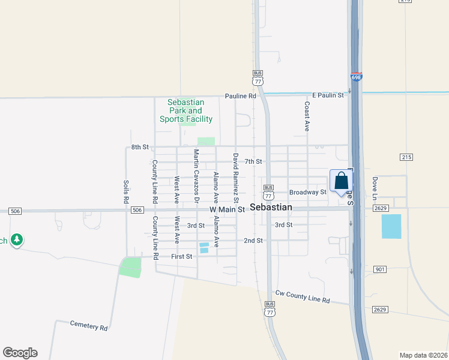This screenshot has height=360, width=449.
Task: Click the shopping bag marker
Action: click(340, 181)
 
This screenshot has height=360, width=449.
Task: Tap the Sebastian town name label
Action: click(271, 208)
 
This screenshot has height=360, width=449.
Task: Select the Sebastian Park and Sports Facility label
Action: click(186, 111)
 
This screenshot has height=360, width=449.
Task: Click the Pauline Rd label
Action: click(241, 96)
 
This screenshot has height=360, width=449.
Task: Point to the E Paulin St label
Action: click(328, 95)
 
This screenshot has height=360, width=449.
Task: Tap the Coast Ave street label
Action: click(307, 116)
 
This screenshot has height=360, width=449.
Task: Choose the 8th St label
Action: click(139, 147)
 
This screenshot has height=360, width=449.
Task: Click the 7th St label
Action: click(254, 161)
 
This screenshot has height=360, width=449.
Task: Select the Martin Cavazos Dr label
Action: click(196, 167)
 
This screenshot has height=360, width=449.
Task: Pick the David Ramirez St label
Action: click(236, 173)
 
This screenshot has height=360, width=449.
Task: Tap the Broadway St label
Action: click(307, 192)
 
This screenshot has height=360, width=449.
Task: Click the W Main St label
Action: click(228, 210)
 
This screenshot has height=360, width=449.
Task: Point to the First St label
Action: click(181, 256)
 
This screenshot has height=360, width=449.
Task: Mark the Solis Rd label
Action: click(126, 191)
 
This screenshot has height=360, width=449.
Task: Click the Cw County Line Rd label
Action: click(303, 296)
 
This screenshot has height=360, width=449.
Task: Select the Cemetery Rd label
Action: click(88, 328)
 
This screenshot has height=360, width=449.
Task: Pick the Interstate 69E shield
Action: click(355, 77)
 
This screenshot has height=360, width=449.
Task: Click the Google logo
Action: click(20, 353)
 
